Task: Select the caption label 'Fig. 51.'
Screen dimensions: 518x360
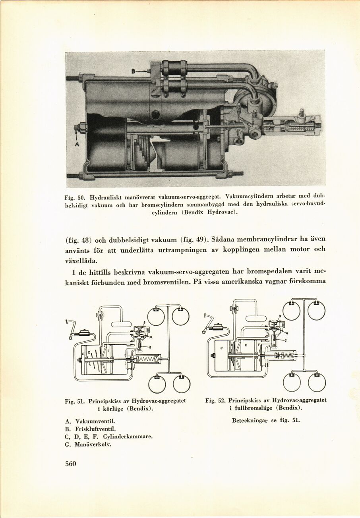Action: (75, 401)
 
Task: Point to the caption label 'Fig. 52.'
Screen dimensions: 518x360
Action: (215, 400)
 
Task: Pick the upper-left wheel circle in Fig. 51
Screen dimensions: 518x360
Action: (155, 316)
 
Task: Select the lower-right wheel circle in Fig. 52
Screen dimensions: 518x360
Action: (317, 383)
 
